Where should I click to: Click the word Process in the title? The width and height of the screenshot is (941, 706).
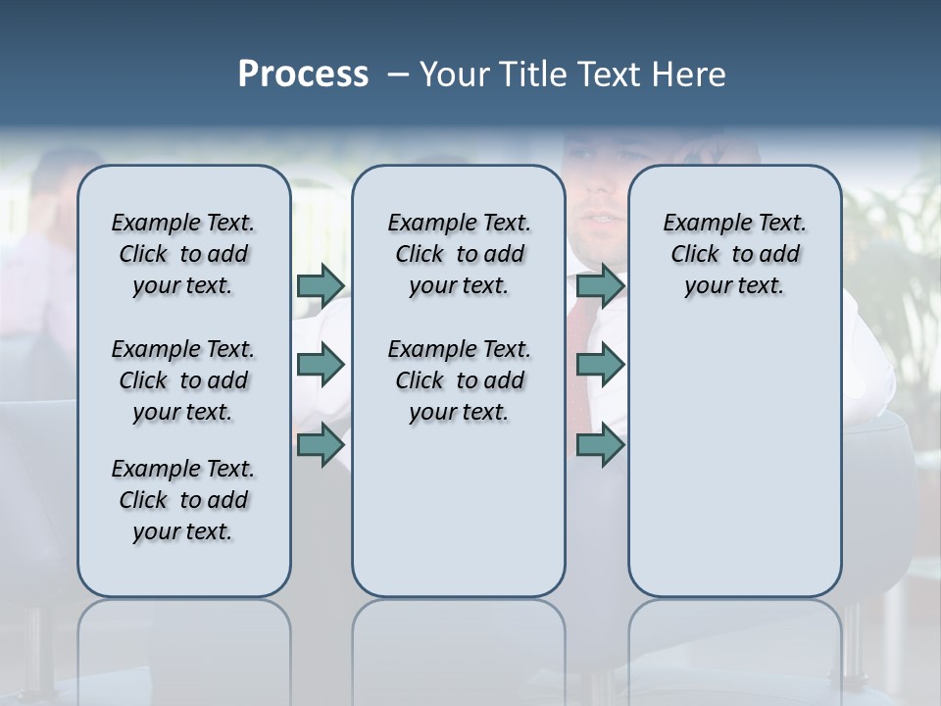coord(303,75)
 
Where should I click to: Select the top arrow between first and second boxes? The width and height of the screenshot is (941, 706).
coord(321,285)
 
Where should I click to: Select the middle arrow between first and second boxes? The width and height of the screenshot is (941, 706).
coord(321,366)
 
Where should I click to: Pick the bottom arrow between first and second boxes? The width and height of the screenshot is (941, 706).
coord(321,445)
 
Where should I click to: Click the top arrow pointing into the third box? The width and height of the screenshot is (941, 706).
coord(600,285)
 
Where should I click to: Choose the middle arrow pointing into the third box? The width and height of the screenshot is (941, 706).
coord(600,366)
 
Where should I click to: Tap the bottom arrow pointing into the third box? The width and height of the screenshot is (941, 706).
coord(600,445)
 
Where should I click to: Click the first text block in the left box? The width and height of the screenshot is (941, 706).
coord(183,254)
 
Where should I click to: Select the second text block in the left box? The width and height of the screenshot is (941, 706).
coord(183,380)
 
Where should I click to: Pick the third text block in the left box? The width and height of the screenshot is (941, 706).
coord(183,500)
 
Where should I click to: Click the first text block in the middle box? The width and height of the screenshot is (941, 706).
coord(459,254)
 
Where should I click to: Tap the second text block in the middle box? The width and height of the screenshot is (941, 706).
coord(459,380)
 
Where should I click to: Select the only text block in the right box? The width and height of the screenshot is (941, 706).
coord(734,254)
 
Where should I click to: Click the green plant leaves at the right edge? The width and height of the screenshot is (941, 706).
coord(907,255)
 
